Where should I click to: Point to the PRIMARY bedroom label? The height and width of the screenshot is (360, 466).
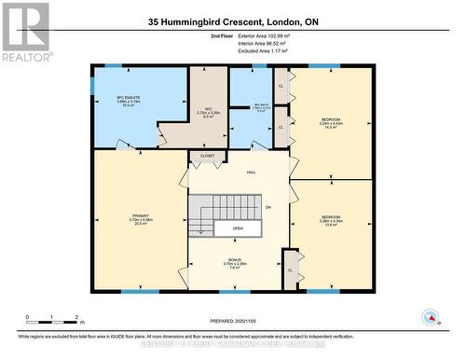tap(141, 219)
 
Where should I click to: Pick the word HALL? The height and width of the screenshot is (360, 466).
tap(252, 173)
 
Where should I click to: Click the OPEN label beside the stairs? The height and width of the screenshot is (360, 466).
tap(238, 228)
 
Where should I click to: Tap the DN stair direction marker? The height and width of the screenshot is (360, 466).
tap(267, 206)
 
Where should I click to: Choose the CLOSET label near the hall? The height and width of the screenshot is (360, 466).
tap(207, 156)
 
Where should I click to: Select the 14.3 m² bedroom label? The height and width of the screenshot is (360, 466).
tap(331, 123)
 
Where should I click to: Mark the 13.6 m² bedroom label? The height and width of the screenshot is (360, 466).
tap(331, 220)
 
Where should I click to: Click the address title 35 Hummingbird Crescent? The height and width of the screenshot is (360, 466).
tap(232, 21)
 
